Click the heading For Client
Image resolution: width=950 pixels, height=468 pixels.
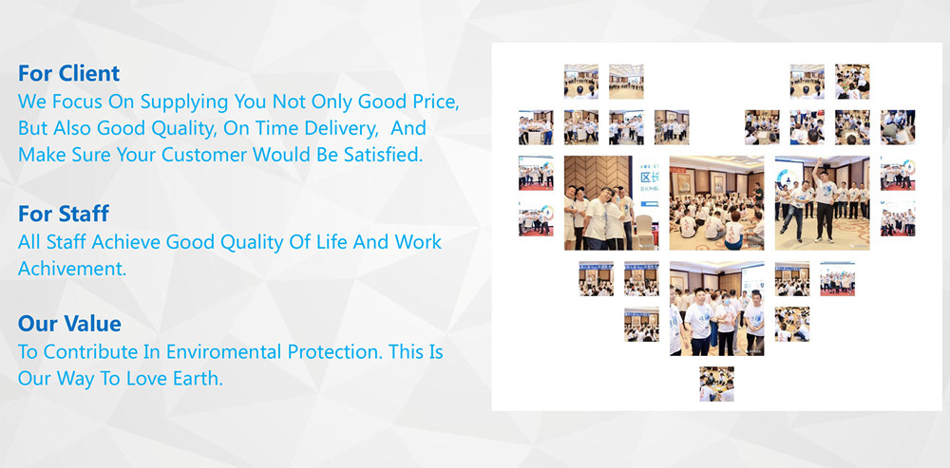point(68,73)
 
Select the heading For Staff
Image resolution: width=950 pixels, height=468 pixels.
point(63,213)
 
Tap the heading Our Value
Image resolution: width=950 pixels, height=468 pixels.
point(69,324)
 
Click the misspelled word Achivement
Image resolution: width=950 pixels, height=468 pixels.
point(72,269)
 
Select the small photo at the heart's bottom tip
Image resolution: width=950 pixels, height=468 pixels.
point(716,384)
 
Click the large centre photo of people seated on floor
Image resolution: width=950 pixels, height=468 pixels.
point(716,203)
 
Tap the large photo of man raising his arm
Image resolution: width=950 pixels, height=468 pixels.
point(822,203)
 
